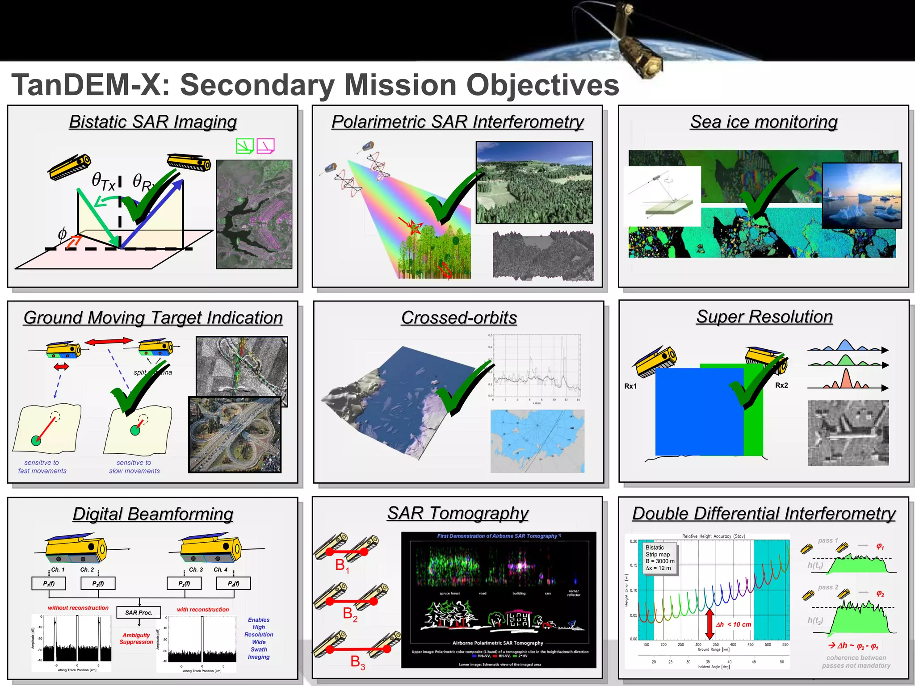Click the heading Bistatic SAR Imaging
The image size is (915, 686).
[153, 122]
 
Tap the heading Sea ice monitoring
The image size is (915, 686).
[764, 122]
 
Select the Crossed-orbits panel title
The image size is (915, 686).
[459, 318]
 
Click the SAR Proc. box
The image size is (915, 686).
[139, 612]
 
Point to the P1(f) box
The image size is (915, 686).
[49, 583]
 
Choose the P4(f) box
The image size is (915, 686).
[233, 583]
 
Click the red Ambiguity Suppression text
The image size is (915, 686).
[136, 638]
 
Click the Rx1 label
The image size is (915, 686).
[630, 386]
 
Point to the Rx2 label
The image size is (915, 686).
[781, 385]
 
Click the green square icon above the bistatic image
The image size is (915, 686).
[244, 146]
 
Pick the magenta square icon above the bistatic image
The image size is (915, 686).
[265, 146]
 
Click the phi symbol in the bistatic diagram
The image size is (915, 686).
[62, 233]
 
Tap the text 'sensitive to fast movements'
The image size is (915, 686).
[42, 467]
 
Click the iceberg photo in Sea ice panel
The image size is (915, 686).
[861, 196]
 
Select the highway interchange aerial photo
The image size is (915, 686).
[235, 435]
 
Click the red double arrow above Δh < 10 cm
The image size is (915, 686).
[709, 624]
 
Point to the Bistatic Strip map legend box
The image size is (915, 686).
[660, 558]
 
